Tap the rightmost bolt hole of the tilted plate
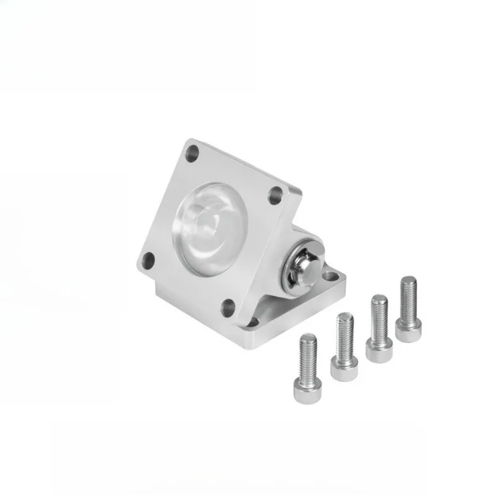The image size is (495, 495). tap(275, 196)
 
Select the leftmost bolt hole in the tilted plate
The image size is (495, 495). tap(148, 259)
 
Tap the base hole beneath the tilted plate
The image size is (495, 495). tap(252, 322)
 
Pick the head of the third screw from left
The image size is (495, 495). tap(377, 351)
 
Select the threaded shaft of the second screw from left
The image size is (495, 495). tap(345, 334)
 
